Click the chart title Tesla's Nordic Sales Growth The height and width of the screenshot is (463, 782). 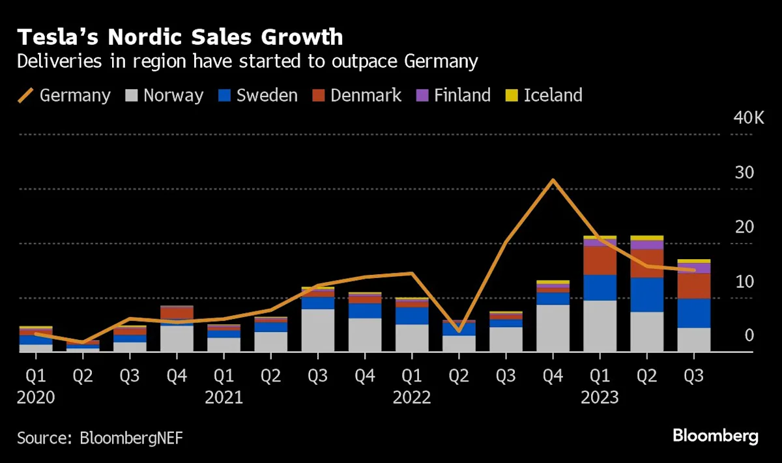point(179,37)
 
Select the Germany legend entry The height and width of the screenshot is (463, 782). point(64,95)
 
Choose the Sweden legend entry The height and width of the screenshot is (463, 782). point(258,95)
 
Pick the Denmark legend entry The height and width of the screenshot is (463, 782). point(356,95)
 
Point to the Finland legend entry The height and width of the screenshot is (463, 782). point(453,95)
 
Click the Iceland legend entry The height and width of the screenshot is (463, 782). point(544,95)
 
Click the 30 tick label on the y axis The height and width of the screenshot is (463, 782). point(744,173)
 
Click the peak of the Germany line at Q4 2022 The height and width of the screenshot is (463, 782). point(553,180)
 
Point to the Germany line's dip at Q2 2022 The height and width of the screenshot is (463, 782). point(459,331)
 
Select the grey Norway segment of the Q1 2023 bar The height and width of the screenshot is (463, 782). point(600,326)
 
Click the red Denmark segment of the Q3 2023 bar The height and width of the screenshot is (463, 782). point(694,286)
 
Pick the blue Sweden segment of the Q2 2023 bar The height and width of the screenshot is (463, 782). point(647,294)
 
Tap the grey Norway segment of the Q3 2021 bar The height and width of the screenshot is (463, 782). point(318,330)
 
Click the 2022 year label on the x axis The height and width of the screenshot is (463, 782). point(412,397)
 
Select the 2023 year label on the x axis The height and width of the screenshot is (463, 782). point(600,397)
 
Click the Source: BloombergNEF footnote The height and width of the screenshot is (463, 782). point(100,437)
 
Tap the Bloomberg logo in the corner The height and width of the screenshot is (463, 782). point(716,436)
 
